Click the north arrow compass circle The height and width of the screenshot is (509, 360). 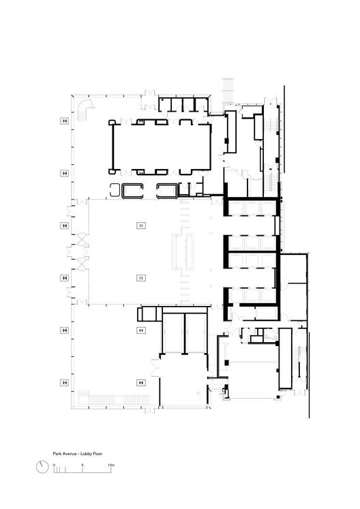tap(42, 467)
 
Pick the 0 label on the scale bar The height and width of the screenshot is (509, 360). tap(54, 464)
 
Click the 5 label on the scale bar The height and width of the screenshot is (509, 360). tap(82, 464)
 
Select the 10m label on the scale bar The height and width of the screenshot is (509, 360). tap(110, 464)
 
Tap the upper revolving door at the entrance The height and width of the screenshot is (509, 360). tap(82, 239)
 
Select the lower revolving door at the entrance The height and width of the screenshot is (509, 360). tap(82, 262)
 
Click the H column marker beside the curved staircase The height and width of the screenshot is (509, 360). tap(64, 121)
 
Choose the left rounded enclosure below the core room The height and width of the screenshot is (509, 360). tap(132, 190)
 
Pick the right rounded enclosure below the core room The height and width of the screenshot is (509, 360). tap(168, 190)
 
